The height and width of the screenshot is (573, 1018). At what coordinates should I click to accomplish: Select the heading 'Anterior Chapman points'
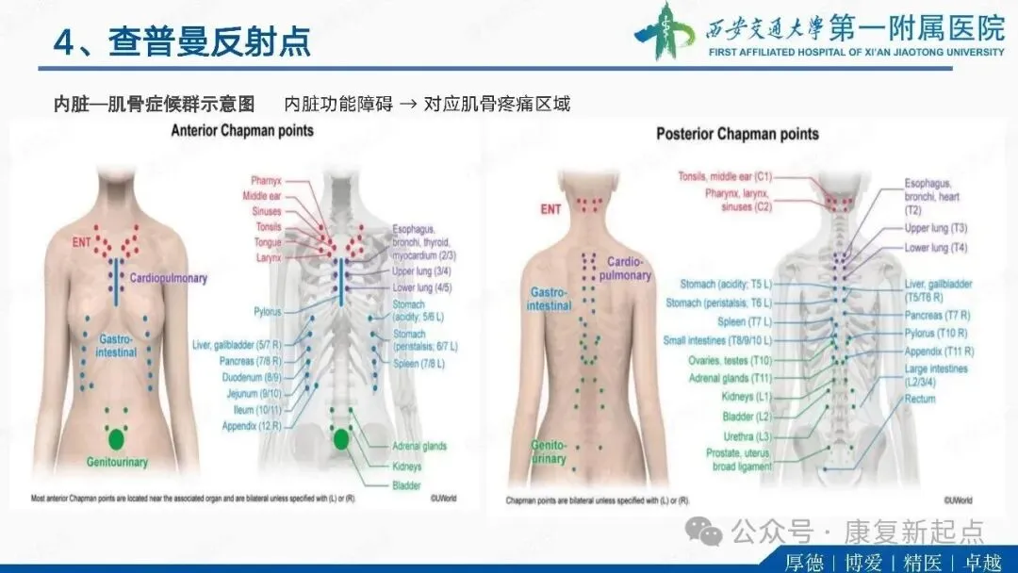(x=242, y=131)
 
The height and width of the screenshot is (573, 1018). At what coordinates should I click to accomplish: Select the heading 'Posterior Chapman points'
(x=737, y=134)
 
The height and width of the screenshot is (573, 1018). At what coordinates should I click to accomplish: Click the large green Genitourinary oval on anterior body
(x=117, y=438)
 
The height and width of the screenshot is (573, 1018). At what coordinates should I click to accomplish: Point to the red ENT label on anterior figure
(x=83, y=242)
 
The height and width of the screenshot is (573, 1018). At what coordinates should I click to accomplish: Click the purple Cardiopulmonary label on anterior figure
(x=169, y=278)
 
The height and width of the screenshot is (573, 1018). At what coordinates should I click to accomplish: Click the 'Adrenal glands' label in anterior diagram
(x=419, y=446)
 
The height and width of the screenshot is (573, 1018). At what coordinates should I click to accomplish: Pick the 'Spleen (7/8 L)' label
(x=419, y=363)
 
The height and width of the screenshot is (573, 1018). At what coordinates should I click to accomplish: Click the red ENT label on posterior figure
(x=550, y=209)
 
